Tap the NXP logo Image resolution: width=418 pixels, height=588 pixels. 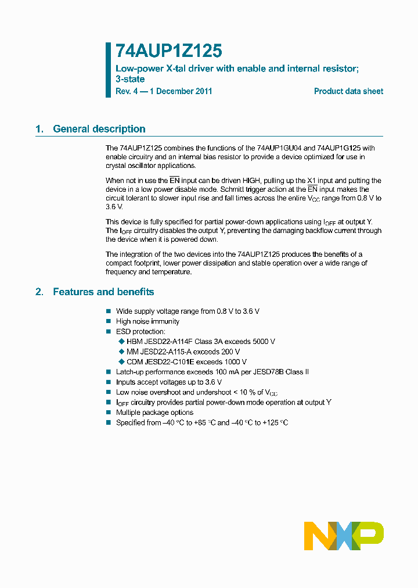[344, 536]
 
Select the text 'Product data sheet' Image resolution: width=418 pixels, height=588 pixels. [348, 91]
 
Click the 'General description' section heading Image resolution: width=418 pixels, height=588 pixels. [99, 129]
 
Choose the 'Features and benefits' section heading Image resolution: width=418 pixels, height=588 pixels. [103, 292]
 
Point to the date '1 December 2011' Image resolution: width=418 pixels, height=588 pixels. [181, 91]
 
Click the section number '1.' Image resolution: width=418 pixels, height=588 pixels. [39, 129]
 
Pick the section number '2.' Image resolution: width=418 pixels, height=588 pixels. [39, 292]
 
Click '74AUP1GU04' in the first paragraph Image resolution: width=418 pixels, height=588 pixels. [277, 148]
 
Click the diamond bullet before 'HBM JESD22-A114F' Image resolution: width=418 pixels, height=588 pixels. [121, 342]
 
